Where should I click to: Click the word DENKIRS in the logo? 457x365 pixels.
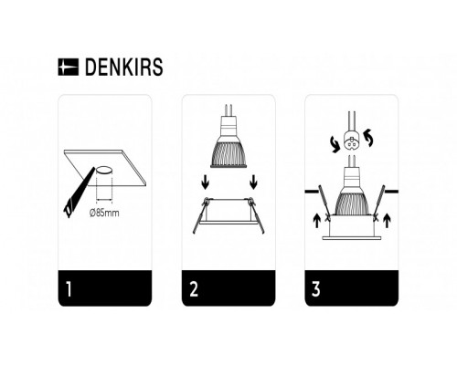point(122,67)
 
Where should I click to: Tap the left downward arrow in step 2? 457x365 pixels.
point(206,184)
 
